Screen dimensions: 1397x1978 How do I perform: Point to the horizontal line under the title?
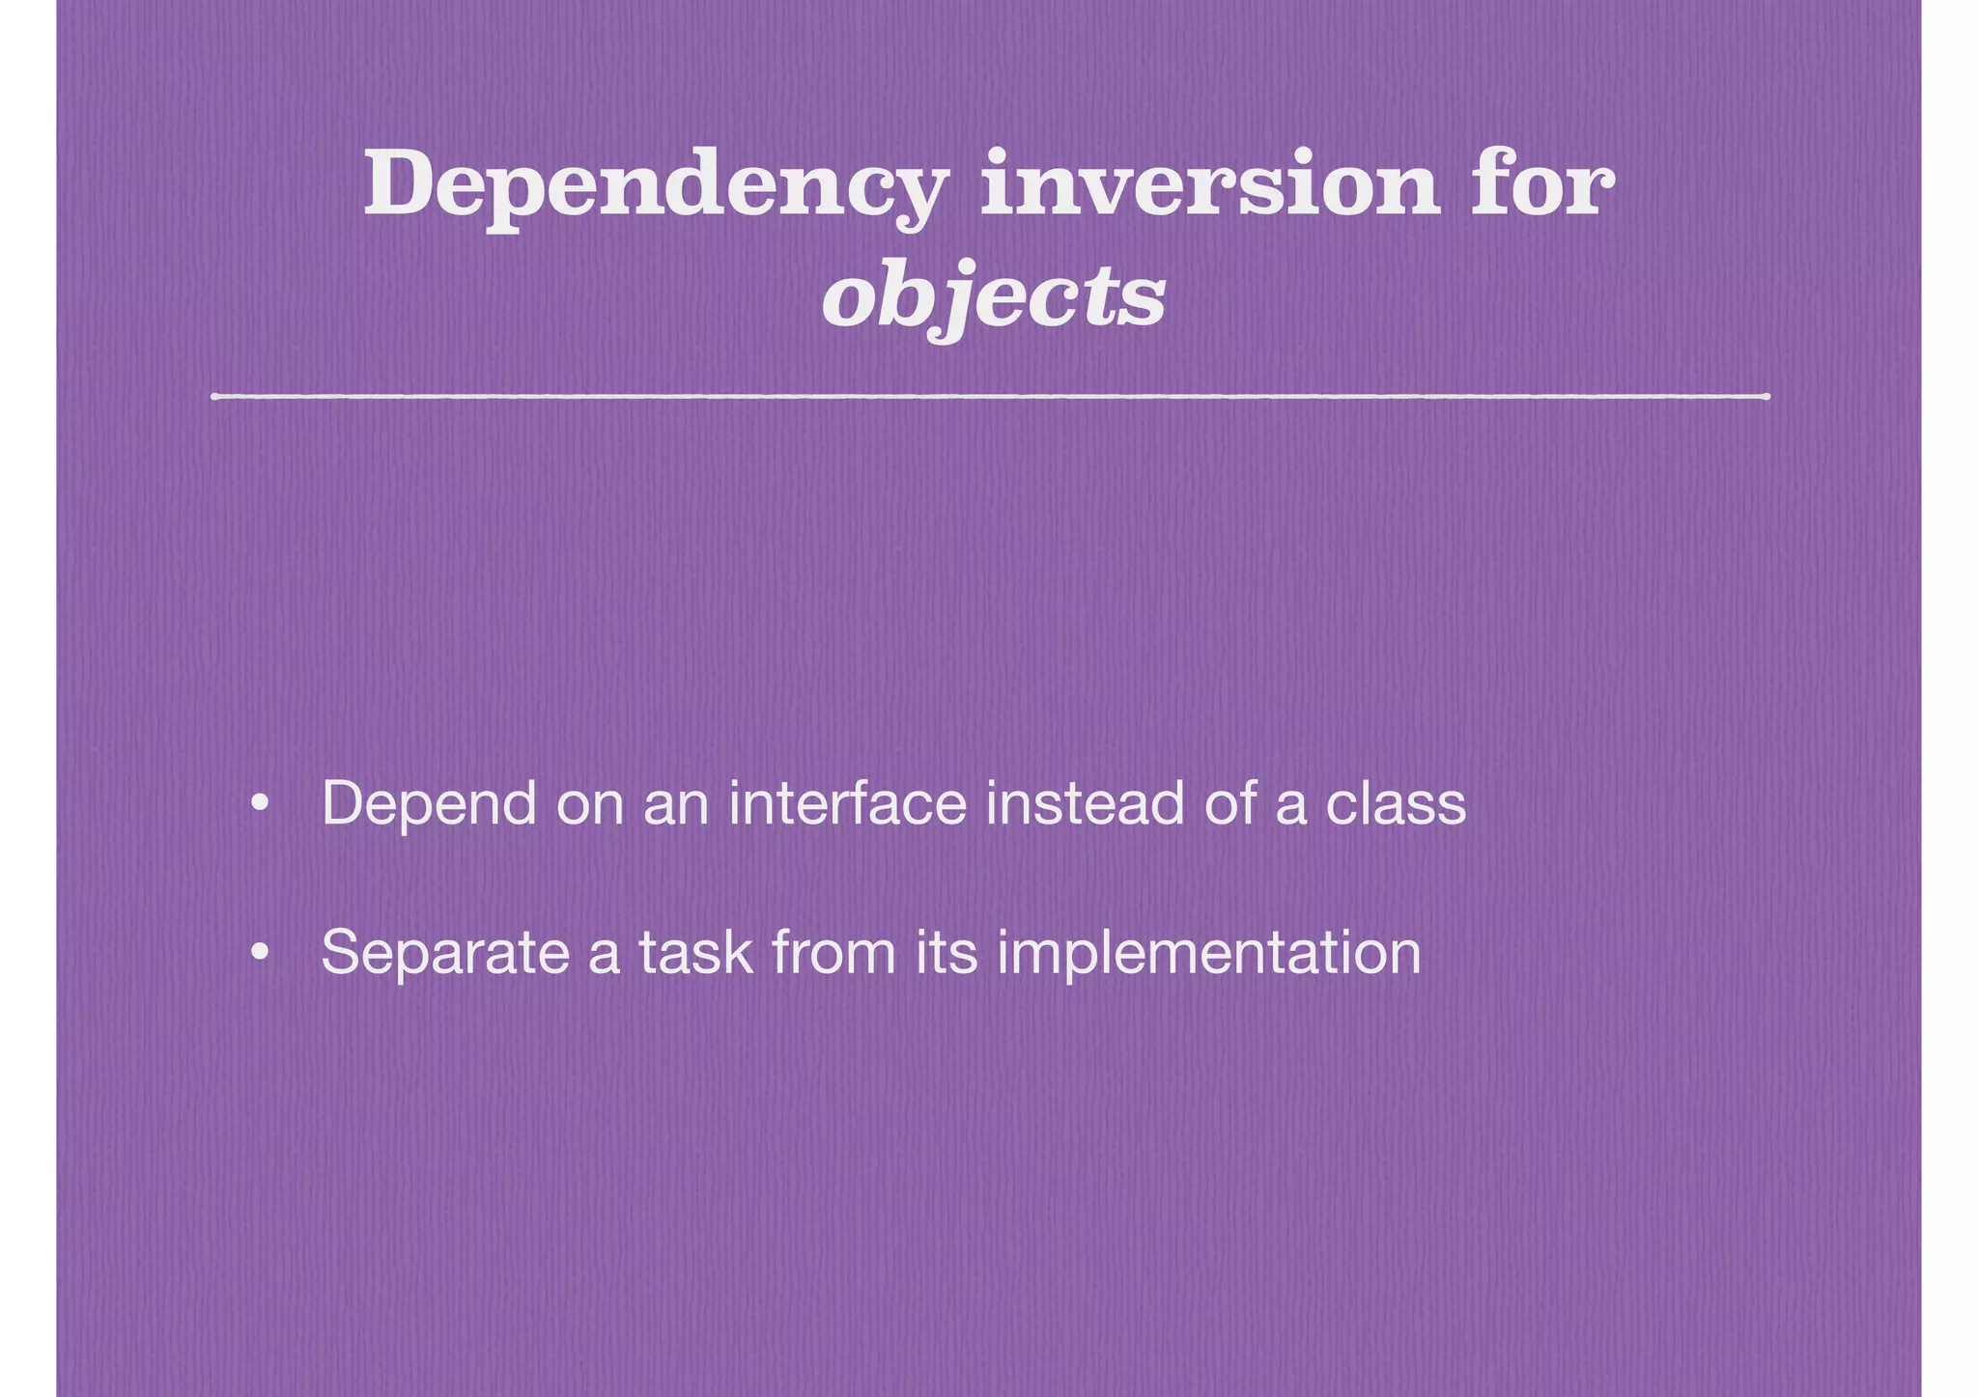click(x=989, y=396)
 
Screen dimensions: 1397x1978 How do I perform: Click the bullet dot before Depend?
click(x=258, y=804)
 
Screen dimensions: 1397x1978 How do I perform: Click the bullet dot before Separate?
click(x=258, y=953)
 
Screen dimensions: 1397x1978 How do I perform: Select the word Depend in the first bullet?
click(x=428, y=803)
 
